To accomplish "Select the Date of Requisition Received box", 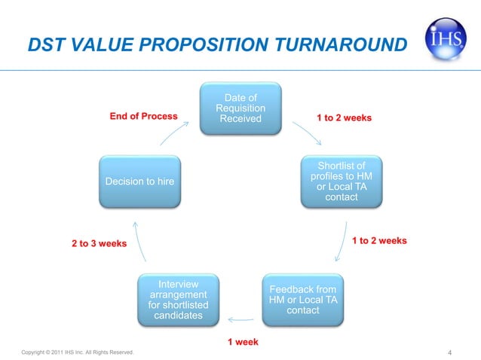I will pyautogui.click(x=240, y=109).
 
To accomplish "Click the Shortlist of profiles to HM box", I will pyautogui.click(x=342, y=181).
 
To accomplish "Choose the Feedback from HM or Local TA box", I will pyautogui.click(x=303, y=300).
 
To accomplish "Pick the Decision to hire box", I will pyautogui.click(x=140, y=182).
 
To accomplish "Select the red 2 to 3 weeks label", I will pyautogui.click(x=99, y=244).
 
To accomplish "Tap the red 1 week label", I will pyautogui.click(x=243, y=342).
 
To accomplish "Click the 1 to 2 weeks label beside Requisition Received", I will pyautogui.click(x=344, y=117).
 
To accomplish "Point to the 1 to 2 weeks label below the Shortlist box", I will pyautogui.click(x=379, y=241).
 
